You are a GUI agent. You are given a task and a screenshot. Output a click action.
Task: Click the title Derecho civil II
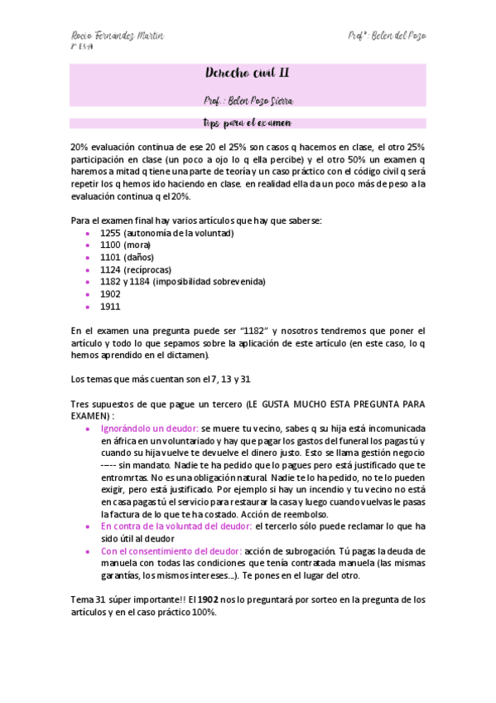pos(248,74)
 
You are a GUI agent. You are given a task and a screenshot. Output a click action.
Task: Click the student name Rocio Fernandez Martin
pos(116,36)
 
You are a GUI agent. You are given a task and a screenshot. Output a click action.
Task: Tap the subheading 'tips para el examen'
pos(248,124)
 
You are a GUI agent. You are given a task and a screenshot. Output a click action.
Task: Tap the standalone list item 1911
pos(109,306)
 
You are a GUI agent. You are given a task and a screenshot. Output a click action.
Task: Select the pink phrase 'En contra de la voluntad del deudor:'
pos(176,526)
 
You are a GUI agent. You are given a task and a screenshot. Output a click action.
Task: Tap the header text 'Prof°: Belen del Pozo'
pos(388,36)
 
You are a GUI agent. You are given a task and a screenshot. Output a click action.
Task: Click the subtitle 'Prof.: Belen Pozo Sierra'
pos(248,100)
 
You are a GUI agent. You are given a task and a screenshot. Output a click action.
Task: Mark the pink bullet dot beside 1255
pos(89,234)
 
